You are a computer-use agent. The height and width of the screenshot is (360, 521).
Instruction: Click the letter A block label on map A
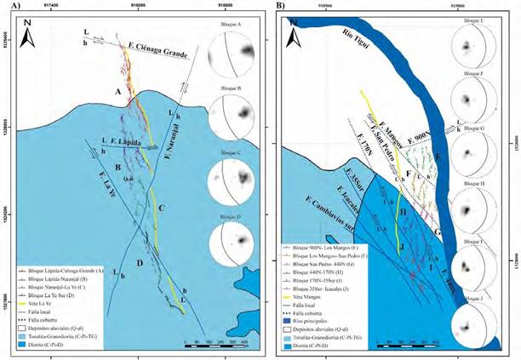117,91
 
